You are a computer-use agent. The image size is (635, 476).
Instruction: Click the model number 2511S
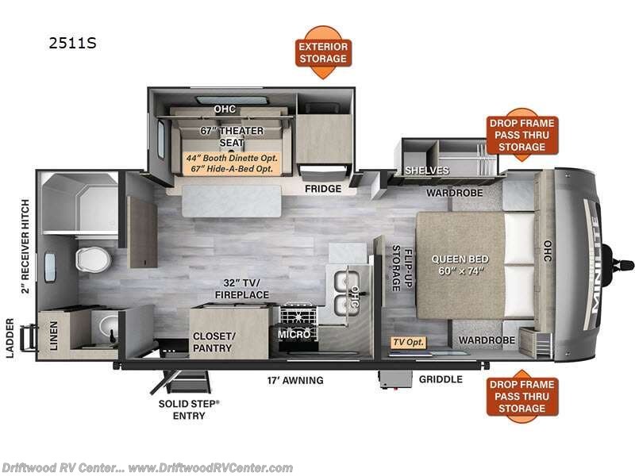pyautogui.click(x=72, y=43)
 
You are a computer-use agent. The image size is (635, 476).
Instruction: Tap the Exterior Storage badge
pyautogui.click(x=323, y=52)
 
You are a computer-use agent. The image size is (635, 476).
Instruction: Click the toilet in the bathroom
pyautogui.click(x=93, y=259)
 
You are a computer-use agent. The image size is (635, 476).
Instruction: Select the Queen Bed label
pyautogui.click(x=460, y=265)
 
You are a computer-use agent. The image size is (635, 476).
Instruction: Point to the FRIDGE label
pyautogui.click(x=323, y=189)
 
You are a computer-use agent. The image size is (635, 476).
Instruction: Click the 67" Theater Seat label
pyautogui.click(x=232, y=136)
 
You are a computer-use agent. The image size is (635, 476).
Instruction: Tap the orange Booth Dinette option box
pyautogui.click(x=232, y=163)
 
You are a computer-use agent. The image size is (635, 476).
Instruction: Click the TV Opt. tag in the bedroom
pyautogui.click(x=408, y=343)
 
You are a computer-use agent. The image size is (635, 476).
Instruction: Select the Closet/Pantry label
pyautogui.click(x=214, y=342)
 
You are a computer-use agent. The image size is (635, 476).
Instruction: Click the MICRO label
pyautogui.click(x=294, y=335)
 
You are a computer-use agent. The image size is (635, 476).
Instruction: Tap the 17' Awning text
pyautogui.click(x=294, y=381)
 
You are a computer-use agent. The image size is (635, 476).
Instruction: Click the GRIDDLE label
pyautogui.click(x=441, y=379)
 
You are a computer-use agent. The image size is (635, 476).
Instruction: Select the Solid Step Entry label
pyautogui.click(x=189, y=409)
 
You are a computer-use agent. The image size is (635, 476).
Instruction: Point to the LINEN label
pyautogui.click(x=54, y=336)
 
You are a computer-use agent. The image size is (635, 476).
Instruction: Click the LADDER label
pyautogui.click(x=10, y=338)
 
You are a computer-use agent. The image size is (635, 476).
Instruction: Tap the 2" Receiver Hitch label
pyautogui.click(x=25, y=246)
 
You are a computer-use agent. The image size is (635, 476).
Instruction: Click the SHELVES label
pyautogui.click(x=427, y=171)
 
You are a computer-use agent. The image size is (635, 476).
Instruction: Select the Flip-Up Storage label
pyautogui.click(x=402, y=268)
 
